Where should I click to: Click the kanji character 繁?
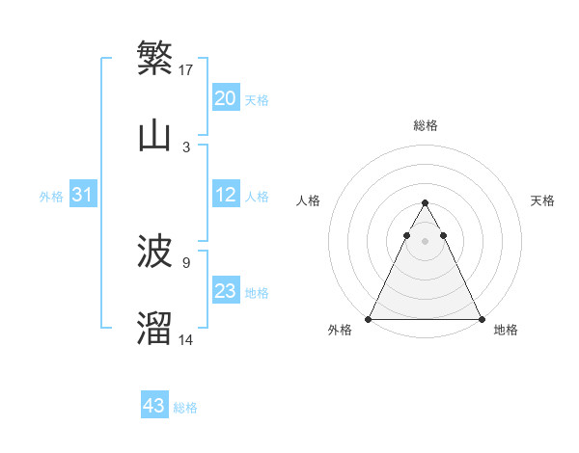(154, 59)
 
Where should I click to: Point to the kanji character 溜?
(154, 329)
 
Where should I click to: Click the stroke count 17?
(187, 69)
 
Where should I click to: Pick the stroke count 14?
(187, 339)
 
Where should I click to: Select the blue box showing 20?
(226, 98)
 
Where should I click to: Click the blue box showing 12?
(226, 195)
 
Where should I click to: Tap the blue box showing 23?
(226, 291)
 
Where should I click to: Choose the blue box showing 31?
(83, 195)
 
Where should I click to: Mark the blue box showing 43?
(154, 406)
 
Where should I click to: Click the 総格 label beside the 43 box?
(185, 408)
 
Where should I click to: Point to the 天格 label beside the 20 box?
(257, 99)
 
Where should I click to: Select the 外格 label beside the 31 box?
(51, 196)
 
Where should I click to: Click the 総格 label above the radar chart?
(425, 125)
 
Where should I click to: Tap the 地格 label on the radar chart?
(506, 330)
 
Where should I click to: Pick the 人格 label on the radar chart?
(309, 200)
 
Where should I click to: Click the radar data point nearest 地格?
(481, 319)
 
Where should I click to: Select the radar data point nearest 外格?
(369, 319)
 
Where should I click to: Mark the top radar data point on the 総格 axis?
(425, 203)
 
